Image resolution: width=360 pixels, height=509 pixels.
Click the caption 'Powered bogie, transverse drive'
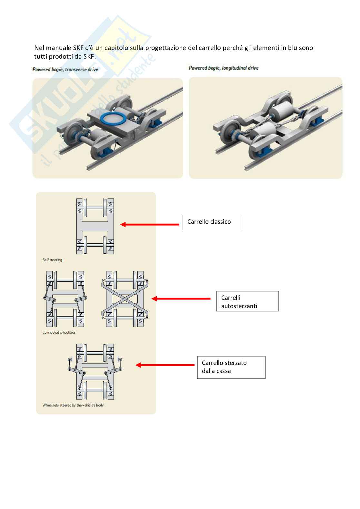[65, 70]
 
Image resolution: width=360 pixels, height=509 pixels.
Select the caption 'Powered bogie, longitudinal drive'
[224, 68]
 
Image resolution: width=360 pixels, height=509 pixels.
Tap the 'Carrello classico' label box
[212, 222]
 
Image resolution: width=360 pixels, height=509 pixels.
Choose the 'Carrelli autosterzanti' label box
[247, 301]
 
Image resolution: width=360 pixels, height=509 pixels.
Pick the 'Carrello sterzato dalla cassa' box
[231, 367]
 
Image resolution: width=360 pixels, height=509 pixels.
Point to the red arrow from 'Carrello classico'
[150, 224]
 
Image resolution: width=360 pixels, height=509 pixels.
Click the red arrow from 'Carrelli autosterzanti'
[181, 299]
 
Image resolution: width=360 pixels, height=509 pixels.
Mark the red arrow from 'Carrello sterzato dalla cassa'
[165, 365]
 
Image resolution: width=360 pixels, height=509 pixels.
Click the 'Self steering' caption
[52, 260]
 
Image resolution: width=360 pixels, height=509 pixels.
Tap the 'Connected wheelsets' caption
[59, 332]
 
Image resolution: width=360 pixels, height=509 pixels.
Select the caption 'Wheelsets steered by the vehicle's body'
[73, 405]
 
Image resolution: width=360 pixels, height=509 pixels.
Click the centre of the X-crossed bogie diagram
[125, 299]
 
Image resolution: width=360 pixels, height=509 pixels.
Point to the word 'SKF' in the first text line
[78, 48]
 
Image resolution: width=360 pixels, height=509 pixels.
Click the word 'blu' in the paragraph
[293, 48]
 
